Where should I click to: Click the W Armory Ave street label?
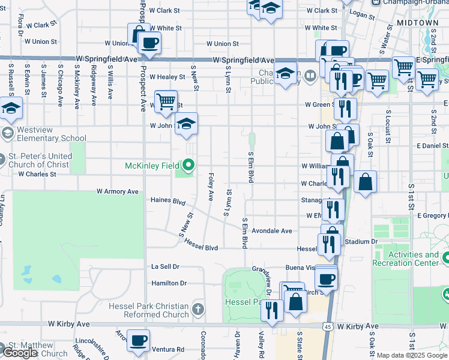click(118, 191)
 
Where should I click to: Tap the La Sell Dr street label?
click(166, 266)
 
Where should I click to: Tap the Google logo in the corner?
click(20, 353)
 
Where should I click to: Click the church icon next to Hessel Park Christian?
click(199, 310)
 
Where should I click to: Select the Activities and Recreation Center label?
click(406, 259)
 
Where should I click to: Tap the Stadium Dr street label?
click(362, 242)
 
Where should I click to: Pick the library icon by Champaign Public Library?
click(310, 76)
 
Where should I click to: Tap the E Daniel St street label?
click(431, 146)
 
